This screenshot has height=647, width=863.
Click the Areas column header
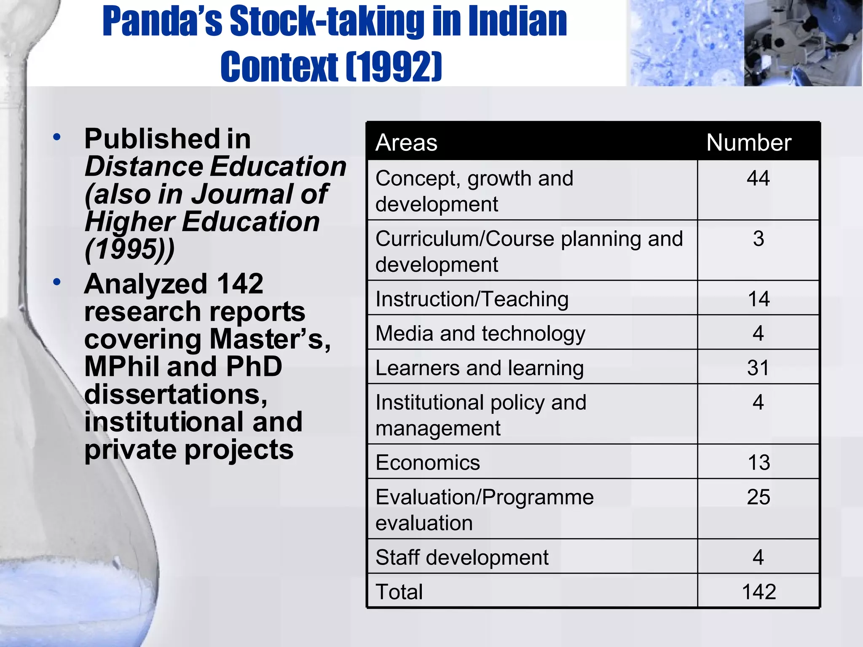pos(406,142)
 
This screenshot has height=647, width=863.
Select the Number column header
pos(749,142)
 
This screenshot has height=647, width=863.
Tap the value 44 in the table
pos(758,178)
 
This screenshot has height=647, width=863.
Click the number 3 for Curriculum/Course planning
pos(758,239)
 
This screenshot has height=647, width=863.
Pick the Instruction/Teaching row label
pos(472,299)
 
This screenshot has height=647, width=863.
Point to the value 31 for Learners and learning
pos(758,368)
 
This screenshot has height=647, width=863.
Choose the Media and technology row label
pos(480,334)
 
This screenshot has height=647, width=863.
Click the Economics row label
pos(427,463)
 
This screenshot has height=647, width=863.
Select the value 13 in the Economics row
pos(758,463)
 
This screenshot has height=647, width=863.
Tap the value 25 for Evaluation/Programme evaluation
pos(758,497)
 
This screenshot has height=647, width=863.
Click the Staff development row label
pos(462,557)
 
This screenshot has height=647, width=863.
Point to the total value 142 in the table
pos(758,592)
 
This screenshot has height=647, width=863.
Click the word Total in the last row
pos(399,592)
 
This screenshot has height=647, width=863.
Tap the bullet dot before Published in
pos(57,137)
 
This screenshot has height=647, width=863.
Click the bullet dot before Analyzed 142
pos(57,282)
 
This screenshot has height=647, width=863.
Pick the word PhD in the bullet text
pos(254,366)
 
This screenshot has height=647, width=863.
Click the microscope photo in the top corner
pos(802,43)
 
